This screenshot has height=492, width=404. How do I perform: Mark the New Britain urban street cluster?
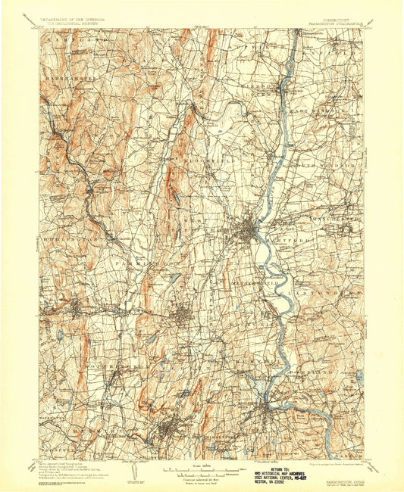tap(182, 313)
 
